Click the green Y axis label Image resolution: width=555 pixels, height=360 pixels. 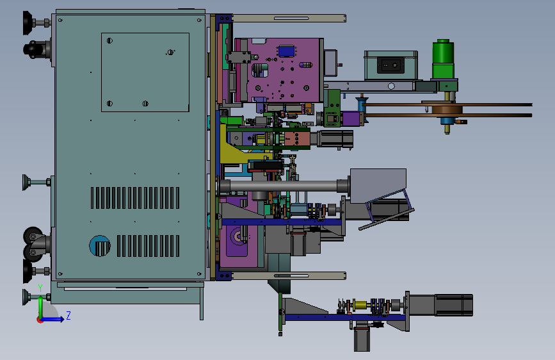point(40,288)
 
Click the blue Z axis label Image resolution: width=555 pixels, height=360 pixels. point(68,315)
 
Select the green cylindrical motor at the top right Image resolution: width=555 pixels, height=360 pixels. point(443,58)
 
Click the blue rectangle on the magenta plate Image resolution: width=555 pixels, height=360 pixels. point(286,51)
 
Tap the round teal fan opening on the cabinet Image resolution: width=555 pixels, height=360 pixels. point(100,245)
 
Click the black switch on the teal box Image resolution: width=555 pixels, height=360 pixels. point(390,65)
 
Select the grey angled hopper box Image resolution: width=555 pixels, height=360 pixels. point(378,185)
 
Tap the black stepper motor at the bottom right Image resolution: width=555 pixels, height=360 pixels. point(454,305)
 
